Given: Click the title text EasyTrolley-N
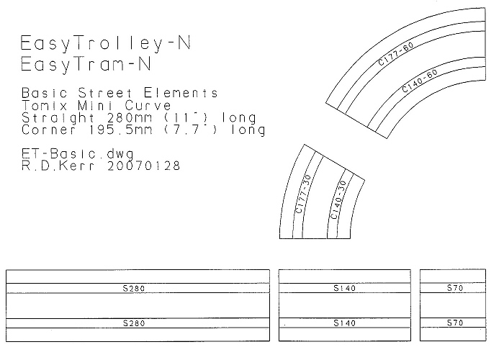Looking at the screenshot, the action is pos(106,43).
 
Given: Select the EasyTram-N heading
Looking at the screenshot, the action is pos(86,64).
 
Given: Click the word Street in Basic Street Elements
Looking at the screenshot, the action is pos(105,93).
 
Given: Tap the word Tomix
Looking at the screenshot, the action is pos(45,105).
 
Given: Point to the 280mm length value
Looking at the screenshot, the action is pos(130,117).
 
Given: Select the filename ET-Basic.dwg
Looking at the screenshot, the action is pos(78,154).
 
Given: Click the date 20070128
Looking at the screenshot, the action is pos(144,166).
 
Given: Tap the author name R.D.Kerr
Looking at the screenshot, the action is pos(58,166).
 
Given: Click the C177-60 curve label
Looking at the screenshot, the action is pos(396,54).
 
